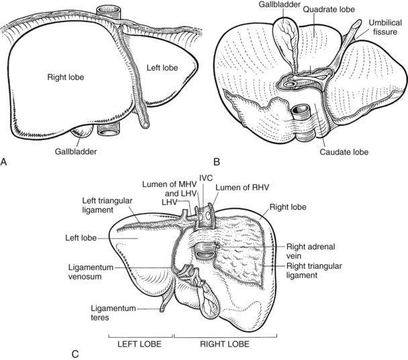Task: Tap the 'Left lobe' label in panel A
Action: [x=159, y=68]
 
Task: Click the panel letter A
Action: [x=6, y=161]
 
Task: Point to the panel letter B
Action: [x=216, y=161]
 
